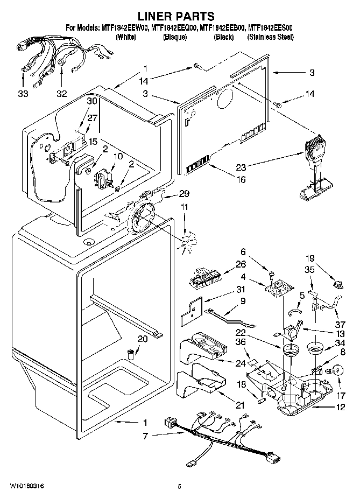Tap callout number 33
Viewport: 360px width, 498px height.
tap(23, 93)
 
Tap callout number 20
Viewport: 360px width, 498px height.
tap(142, 339)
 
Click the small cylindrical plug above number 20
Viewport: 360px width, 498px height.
tap(130, 354)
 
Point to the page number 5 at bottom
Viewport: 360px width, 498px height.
tap(179, 487)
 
